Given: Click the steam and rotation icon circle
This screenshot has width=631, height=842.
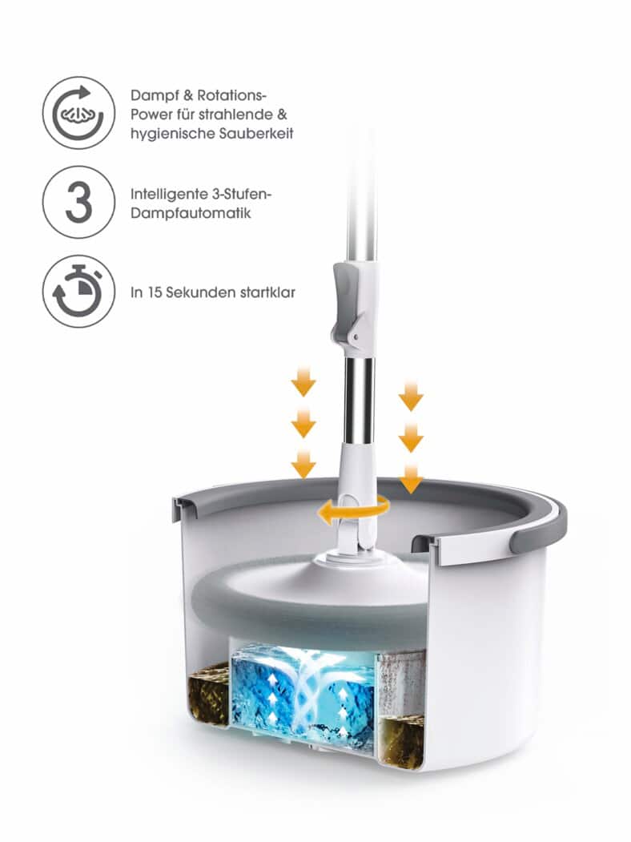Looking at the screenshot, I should click(x=78, y=113).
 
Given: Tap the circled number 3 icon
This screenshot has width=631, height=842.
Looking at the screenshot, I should click(x=78, y=202).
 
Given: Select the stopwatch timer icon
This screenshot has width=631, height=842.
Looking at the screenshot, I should click(x=78, y=291).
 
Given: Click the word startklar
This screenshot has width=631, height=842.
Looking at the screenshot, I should click(x=267, y=292).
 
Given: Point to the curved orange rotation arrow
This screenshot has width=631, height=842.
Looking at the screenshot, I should click(x=352, y=510).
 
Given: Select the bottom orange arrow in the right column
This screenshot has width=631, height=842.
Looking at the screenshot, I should click(x=411, y=479).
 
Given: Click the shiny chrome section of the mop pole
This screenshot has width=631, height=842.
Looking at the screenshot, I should click(x=358, y=401).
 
